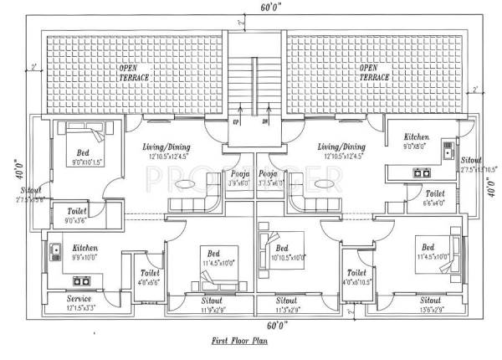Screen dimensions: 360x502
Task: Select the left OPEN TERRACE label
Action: tap(132, 72)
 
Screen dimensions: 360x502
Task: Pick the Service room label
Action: tap(79, 299)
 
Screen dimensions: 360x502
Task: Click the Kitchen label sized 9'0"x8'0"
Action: tap(417, 136)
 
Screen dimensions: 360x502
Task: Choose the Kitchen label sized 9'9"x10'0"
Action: tap(85, 249)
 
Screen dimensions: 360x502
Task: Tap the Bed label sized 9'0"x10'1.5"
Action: tap(83, 153)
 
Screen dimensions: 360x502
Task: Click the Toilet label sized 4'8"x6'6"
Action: tap(150, 273)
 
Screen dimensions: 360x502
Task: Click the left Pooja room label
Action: tap(238, 175)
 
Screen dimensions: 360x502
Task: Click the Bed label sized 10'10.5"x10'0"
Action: tap(282, 249)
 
